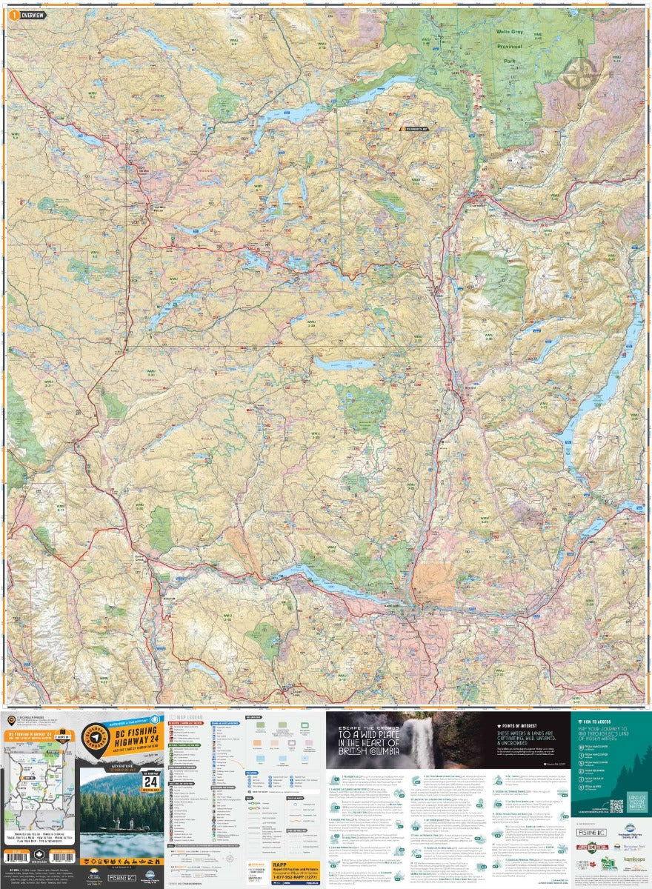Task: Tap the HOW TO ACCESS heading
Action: [x=596, y=720]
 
